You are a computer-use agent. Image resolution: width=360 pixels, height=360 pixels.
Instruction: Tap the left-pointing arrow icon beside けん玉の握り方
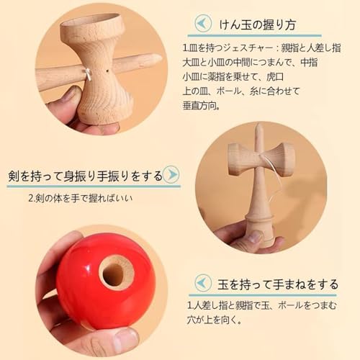tap(204, 24)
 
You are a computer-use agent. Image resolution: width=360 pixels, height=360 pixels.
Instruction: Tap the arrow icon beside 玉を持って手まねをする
tap(204, 282)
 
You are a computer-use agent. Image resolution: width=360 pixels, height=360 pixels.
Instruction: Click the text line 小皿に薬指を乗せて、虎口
tap(234, 76)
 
